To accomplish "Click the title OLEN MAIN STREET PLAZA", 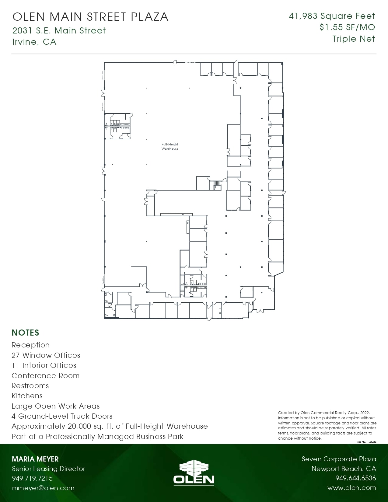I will point(90,17).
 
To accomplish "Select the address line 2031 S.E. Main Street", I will point(59,31).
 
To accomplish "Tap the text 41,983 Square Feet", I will point(332,16).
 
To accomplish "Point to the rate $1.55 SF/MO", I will point(347,27).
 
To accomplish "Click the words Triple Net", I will point(354,39).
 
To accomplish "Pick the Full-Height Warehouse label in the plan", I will point(170,146).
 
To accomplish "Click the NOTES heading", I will point(26,333).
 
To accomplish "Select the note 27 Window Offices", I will point(46,355).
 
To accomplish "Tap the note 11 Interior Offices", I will point(44,365).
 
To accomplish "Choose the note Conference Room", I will point(46,376).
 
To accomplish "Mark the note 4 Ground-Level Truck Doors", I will point(62,416).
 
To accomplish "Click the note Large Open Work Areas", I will point(56,406).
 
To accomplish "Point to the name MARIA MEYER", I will point(35,459).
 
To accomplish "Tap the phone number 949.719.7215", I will point(32,478).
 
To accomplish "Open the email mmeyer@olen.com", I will point(43,488).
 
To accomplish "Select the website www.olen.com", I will point(351,488).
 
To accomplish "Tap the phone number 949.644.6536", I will point(355,478).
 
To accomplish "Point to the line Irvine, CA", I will point(34,42).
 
